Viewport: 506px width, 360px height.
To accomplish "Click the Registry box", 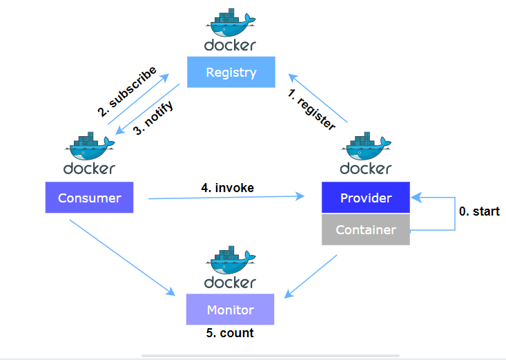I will [x=231, y=73].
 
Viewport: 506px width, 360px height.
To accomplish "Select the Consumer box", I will [x=90, y=198].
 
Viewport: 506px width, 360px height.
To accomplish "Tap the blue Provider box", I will [x=366, y=198].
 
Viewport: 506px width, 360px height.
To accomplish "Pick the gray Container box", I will [x=366, y=230].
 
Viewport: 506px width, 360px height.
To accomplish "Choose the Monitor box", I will [x=231, y=310].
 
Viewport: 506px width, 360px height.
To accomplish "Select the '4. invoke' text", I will [x=228, y=187].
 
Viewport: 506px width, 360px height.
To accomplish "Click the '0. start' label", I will [x=479, y=211].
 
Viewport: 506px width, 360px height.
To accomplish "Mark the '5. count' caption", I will [x=231, y=333].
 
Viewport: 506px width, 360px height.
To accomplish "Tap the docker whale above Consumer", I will [x=90, y=146].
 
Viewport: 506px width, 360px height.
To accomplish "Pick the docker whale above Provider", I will [x=366, y=146].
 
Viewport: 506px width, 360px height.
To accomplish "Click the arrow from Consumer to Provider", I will [x=228, y=198].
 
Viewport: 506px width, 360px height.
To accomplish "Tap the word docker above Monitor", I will [x=231, y=282].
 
